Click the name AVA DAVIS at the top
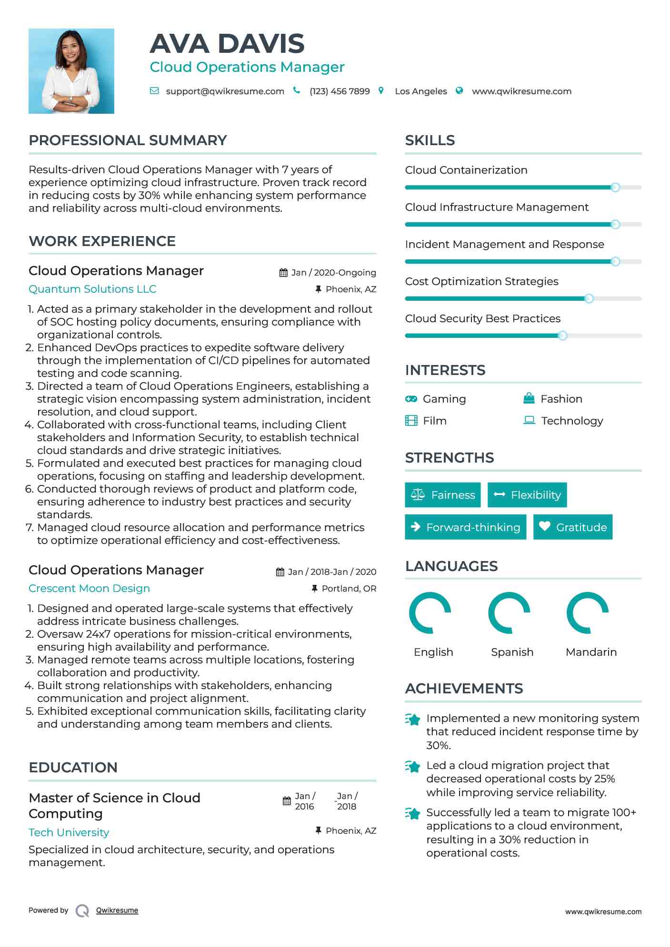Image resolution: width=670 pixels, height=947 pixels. pos(227,44)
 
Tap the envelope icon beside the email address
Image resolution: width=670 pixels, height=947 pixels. pos(154,91)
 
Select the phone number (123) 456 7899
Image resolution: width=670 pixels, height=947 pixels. pos(340,91)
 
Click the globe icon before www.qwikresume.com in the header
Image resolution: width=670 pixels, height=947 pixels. pos(459,91)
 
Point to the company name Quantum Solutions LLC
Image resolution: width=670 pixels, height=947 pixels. pos(92,289)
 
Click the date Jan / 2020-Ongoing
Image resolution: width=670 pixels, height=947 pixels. pos(333,273)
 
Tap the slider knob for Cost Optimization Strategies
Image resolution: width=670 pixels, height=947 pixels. pos(589,299)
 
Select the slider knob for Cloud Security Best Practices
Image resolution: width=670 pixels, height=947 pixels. pos(562,336)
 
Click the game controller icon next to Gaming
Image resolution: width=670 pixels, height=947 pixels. pos(411,399)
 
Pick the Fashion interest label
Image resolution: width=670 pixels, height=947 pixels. pos(561,399)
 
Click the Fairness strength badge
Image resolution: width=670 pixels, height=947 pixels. pos(442,495)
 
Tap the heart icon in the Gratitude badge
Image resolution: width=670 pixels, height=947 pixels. pos(545,526)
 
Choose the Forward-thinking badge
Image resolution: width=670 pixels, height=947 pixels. pos(465,527)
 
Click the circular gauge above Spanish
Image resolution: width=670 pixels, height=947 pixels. pos(510,613)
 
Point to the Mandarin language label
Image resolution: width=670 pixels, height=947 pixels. pos(591,652)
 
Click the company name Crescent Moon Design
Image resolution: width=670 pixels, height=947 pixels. pos(89,589)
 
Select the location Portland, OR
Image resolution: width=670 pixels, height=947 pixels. pos(349,589)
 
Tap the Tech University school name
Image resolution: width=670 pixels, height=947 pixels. pos(69,833)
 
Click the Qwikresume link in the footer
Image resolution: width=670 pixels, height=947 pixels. pos(117,910)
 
